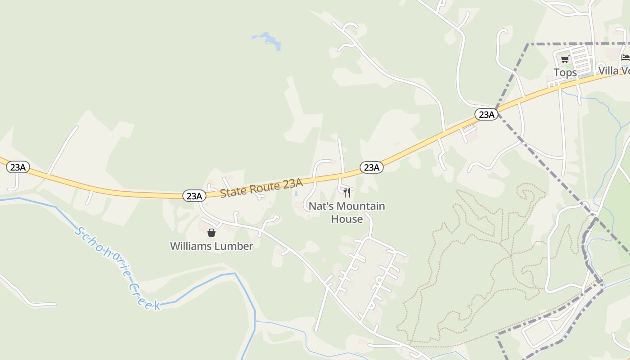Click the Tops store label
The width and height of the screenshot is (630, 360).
[565, 72]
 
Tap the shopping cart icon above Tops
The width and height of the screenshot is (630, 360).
[565, 59]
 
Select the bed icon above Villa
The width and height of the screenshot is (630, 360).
[625, 58]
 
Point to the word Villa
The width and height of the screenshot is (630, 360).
[607, 71]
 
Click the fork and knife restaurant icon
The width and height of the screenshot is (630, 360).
[346, 193]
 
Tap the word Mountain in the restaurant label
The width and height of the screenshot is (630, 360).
[361, 206]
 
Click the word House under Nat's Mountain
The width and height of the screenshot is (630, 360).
[346, 219]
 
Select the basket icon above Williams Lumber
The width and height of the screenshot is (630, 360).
[211, 233]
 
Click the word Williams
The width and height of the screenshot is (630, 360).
[191, 246]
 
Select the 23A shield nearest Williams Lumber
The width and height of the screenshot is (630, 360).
[194, 196]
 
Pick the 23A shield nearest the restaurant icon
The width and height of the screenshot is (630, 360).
[371, 167]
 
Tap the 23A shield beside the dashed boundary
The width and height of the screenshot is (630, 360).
[486, 114]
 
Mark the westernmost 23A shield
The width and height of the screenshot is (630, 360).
[18, 167]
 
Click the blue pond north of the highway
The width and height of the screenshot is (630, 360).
[269, 40]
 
